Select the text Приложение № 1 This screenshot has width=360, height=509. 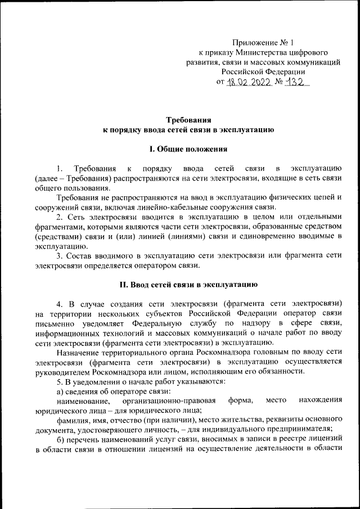[x=263, y=42]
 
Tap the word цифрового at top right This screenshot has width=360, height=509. [x=318, y=52]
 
